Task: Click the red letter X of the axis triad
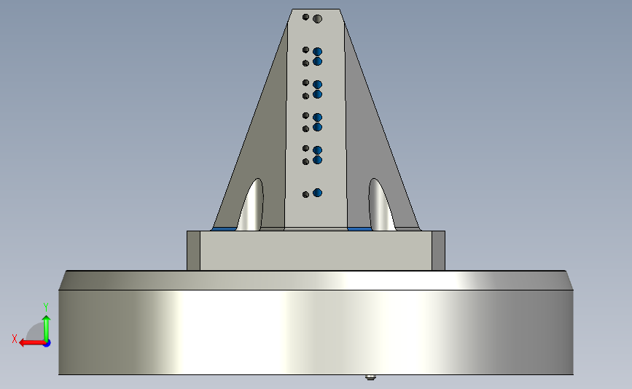click(x=15, y=339)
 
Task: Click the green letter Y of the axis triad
click(x=46, y=307)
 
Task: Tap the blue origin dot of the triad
click(x=47, y=344)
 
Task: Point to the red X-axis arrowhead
click(x=24, y=343)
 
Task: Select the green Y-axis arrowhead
click(x=47, y=319)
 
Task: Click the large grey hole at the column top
click(x=318, y=19)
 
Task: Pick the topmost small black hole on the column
click(x=305, y=17)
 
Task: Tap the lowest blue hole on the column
click(x=317, y=193)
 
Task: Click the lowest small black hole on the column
click(x=305, y=194)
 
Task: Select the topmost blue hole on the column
click(x=317, y=52)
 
